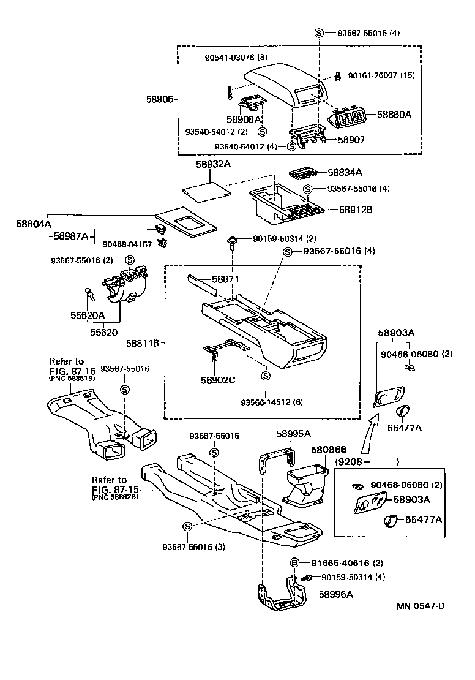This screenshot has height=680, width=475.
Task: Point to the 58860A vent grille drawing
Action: pyautogui.click(x=348, y=118)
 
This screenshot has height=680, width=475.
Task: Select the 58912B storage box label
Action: pyautogui.click(x=356, y=209)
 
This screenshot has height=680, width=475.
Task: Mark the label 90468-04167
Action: pyautogui.click(x=127, y=244)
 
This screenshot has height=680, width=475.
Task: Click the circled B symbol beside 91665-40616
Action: pyautogui.click(x=294, y=563)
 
